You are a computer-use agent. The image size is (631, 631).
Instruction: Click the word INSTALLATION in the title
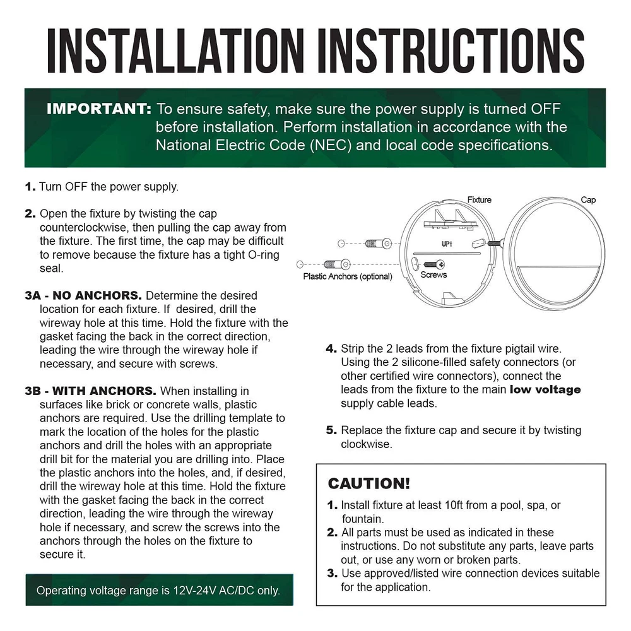pos(175,50)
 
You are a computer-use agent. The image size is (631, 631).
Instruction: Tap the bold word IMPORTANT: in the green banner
pos(99,109)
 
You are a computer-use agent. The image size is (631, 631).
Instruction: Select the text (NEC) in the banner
pos(331,145)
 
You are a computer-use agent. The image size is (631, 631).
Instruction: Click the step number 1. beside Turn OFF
pos(30,187)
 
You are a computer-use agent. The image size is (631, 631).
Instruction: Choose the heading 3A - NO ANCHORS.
pos(83,295)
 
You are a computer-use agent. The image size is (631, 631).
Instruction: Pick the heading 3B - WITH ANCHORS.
pos(90,391)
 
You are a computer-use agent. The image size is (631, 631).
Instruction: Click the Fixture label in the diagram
pos(480,199)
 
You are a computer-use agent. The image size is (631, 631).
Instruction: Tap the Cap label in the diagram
pos(588,199)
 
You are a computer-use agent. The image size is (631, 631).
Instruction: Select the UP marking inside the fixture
pos(447,244)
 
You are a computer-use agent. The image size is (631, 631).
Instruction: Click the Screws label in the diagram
pos(433,274)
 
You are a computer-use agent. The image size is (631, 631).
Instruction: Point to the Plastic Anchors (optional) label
pos(348,276)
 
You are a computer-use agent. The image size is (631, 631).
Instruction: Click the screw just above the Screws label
pos(434,264)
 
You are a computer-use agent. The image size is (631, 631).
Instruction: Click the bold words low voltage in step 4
pos(545,389)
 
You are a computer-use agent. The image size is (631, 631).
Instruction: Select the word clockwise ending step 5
pos(366,444)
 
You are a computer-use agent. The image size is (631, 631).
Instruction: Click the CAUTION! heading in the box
pos(369,483)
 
